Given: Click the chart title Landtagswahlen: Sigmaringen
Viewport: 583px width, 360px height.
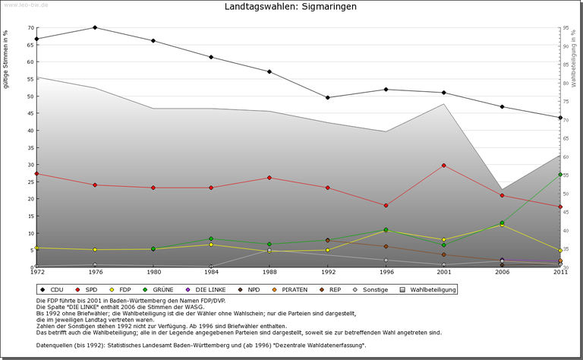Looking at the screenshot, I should click(291, 7).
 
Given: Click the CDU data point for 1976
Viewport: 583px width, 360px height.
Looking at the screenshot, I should click(95, 27).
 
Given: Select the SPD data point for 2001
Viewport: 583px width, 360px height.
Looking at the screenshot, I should click(443, 166).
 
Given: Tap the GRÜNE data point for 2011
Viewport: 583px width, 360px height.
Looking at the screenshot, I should click(559, 175).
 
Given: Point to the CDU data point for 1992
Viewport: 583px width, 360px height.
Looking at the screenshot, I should click(327, 97).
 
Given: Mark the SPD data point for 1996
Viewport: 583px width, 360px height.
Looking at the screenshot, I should click(386, 206).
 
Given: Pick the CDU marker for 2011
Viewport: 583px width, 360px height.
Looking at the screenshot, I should click(559, 118).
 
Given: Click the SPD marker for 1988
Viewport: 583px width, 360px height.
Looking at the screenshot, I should click(269, 178).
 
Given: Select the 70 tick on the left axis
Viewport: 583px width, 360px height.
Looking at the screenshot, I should click(31, 28).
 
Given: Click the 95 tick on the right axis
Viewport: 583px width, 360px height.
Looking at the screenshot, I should click(567, 28).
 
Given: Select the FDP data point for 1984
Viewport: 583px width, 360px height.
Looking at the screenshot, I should click(211, 245).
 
